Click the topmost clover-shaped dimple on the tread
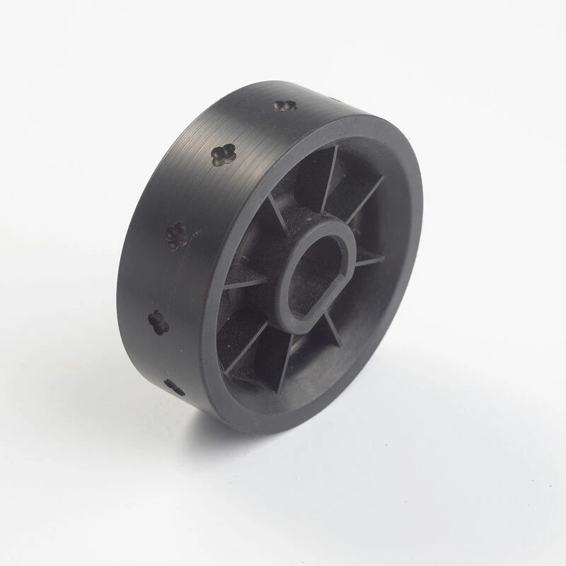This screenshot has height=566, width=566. [x=284, y=107]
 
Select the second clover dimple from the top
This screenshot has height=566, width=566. [x=224, y=154]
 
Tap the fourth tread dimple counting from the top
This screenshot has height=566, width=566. [x=158, y=322]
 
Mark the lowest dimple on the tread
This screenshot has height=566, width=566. [x=174, y=386]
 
